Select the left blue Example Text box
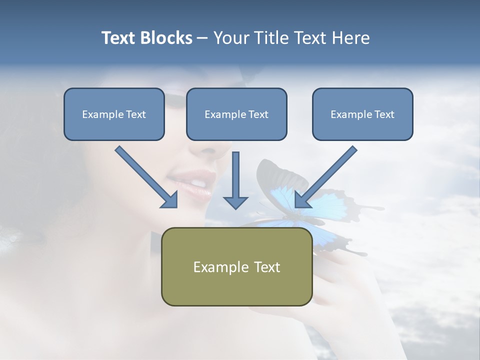(x=114, y=114)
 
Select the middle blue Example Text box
(x=236, y=114)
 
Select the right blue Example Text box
(x=362, y=114)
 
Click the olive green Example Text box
(x=236, y=266)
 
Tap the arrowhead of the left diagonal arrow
(x=170, y=200)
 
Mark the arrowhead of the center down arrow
(x=235, y=202)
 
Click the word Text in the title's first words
(x=118, y=38)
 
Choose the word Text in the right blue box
(x=384, y=114)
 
